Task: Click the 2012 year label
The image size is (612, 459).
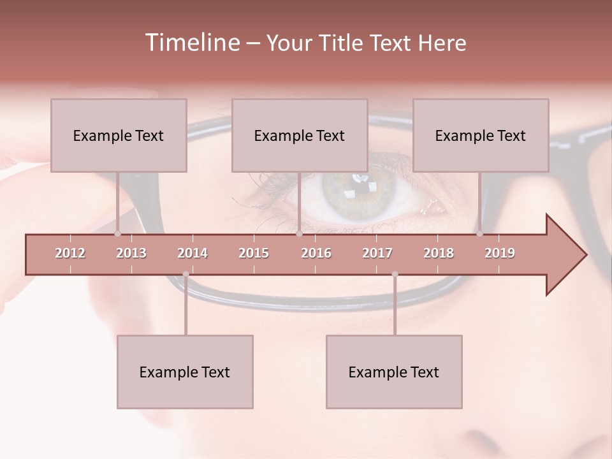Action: point(70,253)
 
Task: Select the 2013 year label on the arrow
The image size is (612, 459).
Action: point(131,253)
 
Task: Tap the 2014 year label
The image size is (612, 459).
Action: point(193,253)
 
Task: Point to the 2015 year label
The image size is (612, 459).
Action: point(254,253)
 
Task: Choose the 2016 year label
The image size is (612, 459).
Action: point(316,253)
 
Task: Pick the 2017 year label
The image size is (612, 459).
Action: point(377,253)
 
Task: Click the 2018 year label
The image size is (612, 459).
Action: point(439,253)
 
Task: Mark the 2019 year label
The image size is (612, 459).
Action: point(500,253)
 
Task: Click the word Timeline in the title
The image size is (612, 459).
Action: point(191,43)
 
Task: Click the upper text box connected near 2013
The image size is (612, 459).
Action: point(119,136)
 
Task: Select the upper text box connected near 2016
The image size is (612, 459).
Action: point(300,136)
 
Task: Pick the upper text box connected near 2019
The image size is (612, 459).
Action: point(481,136)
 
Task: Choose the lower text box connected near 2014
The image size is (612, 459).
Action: point(185,372)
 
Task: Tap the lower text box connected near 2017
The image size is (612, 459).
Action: point(394,372)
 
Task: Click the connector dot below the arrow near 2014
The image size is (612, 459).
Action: point(186,274)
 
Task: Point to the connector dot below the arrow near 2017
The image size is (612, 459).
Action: point(395,274)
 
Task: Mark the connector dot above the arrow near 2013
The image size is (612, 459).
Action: point(117,234)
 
